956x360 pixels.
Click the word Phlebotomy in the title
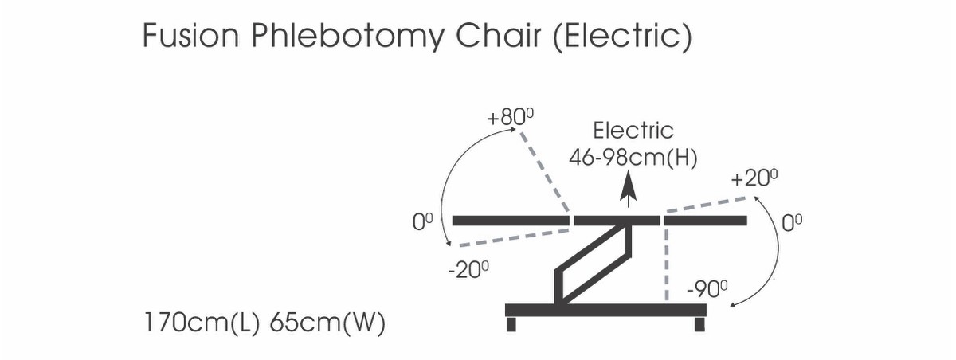tap(347, 37)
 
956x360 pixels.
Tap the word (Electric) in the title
tap(622, 37)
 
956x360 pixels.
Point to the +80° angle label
tap(510, 117)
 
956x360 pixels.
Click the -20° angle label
tap(468, 270)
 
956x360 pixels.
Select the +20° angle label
tap(754, 178)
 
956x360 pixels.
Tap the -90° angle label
tap(707, 290)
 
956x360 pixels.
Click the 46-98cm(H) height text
tap(633, 158)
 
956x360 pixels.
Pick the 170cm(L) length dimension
tap(202, 323)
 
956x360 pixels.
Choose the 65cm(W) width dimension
tap(327, 323)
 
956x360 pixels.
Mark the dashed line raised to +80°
tap(545, 172)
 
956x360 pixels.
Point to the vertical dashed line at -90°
tap(666, 264)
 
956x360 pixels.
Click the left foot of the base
tap(511, 324)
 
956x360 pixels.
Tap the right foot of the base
tap(699, 324)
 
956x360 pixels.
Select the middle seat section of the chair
tap(617, 221)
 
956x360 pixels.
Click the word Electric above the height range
tap(633, 131)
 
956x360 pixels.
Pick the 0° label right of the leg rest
tap(792, 223)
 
